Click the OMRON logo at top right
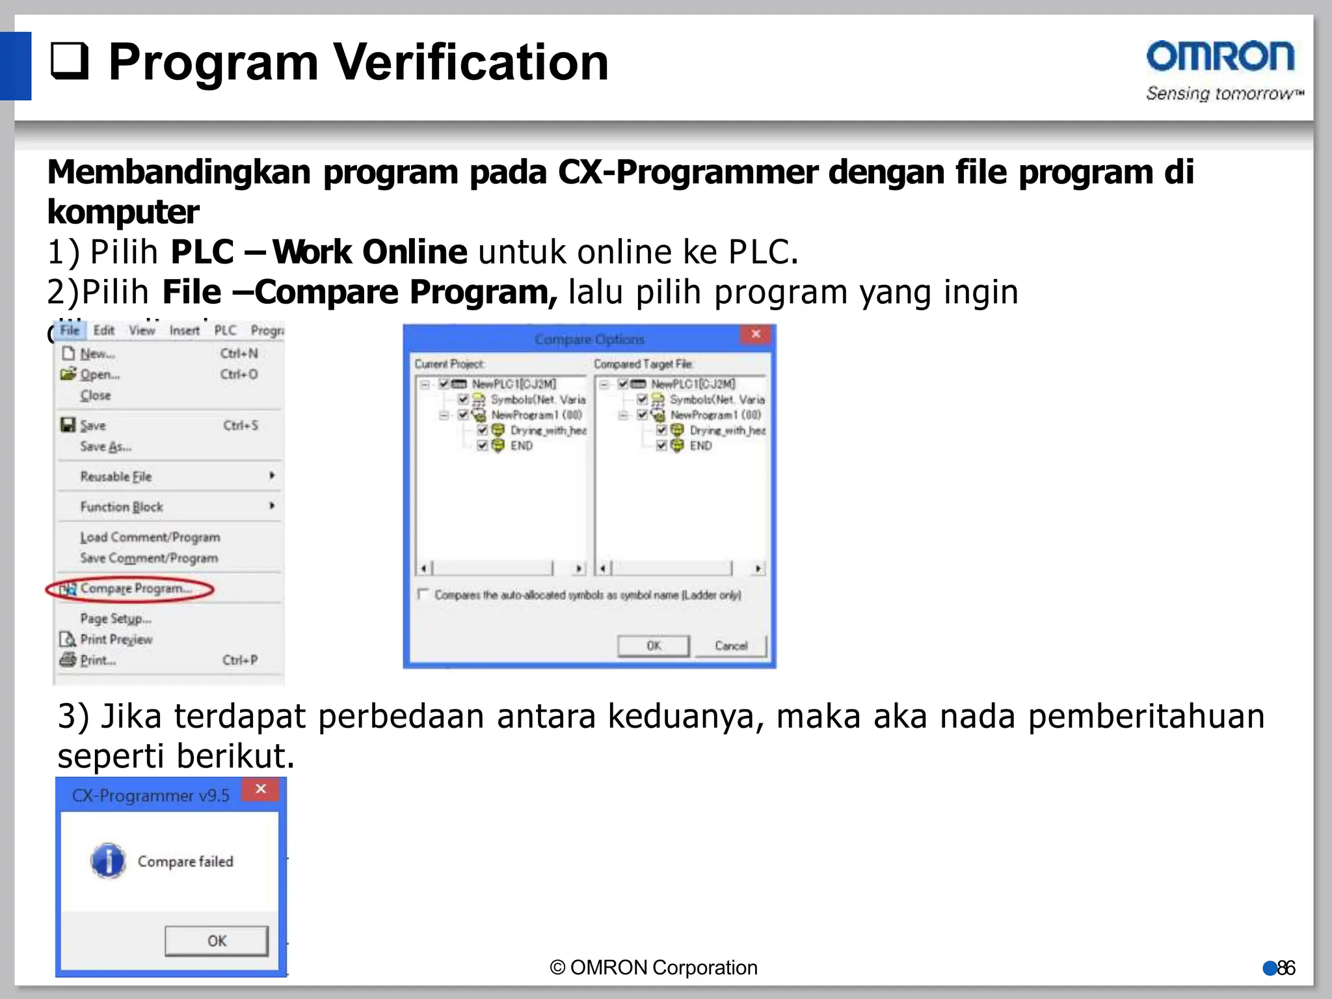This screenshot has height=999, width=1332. (1220, 57)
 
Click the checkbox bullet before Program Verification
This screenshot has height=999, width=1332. (69, 61)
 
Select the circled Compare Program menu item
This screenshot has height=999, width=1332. (135, 589)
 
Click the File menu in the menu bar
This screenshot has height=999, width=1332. (70, 330)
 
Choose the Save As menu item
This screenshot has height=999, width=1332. (105, 447)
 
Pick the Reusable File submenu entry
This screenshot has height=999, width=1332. (116, 477)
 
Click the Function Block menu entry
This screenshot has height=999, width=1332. (122, 507)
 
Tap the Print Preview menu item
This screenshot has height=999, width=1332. (116, 639)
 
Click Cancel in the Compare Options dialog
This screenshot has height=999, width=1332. (730, 646)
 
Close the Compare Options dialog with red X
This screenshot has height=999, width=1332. (756, 334)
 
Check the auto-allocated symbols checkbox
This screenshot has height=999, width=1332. (423, 594)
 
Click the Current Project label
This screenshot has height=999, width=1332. (449, 364)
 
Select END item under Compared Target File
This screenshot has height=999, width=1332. (700, 446)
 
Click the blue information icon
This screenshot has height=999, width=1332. (108, 861)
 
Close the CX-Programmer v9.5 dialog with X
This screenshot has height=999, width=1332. (261, 790)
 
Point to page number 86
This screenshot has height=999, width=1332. (1285, 968)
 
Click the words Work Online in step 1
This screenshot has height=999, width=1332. (369, 252)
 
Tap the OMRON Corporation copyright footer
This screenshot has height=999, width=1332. (654, 968)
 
